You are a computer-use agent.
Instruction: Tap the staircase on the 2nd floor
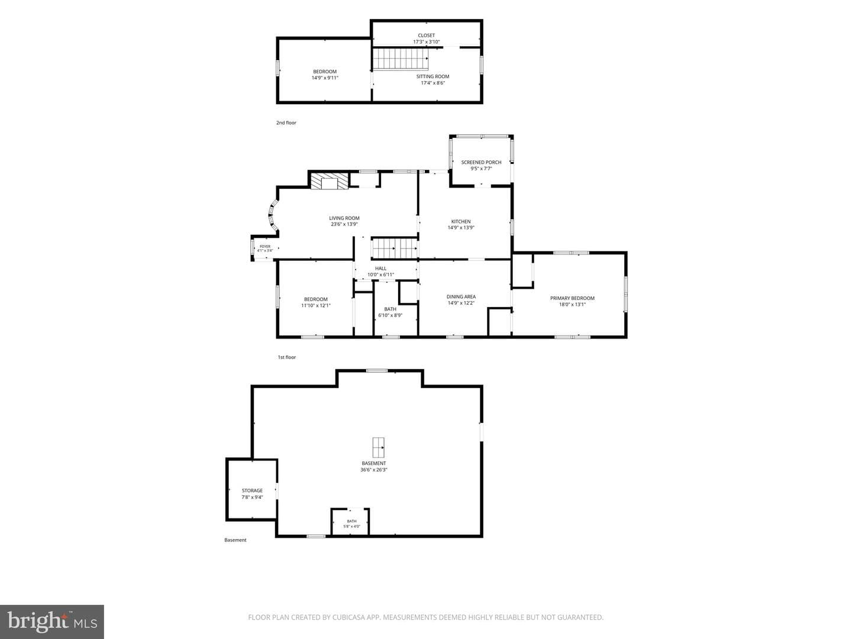tap(401, 59)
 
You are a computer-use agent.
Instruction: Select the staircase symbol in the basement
tap(378, 447)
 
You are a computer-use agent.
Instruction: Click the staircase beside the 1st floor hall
tap(395, 248)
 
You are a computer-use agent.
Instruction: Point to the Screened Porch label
tap(481, 162)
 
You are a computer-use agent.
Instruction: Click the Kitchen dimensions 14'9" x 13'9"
tap(461, 228)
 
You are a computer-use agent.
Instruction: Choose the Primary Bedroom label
tap(572, 298)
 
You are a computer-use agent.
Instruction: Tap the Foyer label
tap(264, 246)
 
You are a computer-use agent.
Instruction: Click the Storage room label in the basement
tap(252, 490)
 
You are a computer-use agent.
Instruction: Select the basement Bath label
tap(351, 521)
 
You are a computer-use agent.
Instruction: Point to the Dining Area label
tap(461, 297)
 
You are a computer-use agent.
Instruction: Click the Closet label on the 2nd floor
tap(426, 35)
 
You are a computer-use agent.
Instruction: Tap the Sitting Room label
tap(433, 76)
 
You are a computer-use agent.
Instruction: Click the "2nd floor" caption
tap(286, 122)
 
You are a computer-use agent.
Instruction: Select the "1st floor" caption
tap(286, 357)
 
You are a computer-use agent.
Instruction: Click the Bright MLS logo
tap(52, 622)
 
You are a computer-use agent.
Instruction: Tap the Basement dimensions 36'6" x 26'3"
tap(374, 469)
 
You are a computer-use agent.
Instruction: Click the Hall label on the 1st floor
tap(380, 268)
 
